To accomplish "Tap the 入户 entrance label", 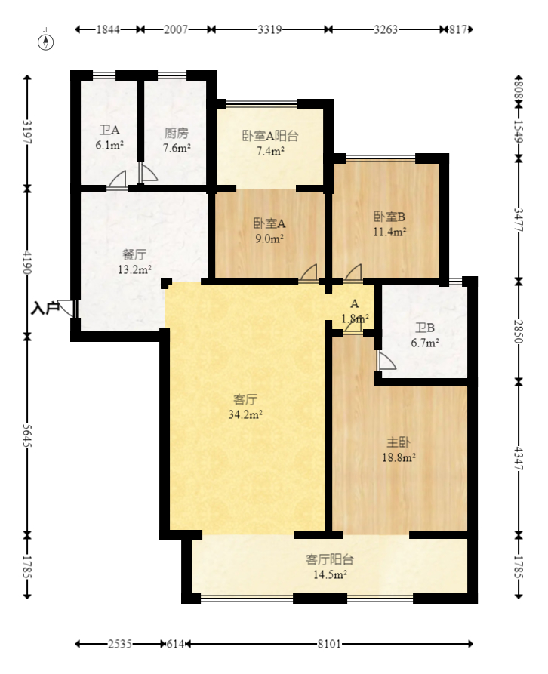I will (x=45, y=308).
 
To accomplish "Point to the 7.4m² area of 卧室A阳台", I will (x=269, y=151).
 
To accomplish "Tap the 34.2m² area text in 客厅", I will (x=245, y=414).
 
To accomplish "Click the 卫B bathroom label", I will (x=425, y=328).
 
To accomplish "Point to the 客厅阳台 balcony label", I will (x=330, y=559).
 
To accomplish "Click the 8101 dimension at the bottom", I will (x=329, y=644).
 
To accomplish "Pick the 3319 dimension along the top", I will (x=269, y=29).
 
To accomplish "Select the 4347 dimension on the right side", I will (x=519, y=460).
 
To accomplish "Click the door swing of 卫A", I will (x=117, y=180).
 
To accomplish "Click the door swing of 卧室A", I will (x=308, y=273).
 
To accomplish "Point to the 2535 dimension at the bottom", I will (x=120, y=644).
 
